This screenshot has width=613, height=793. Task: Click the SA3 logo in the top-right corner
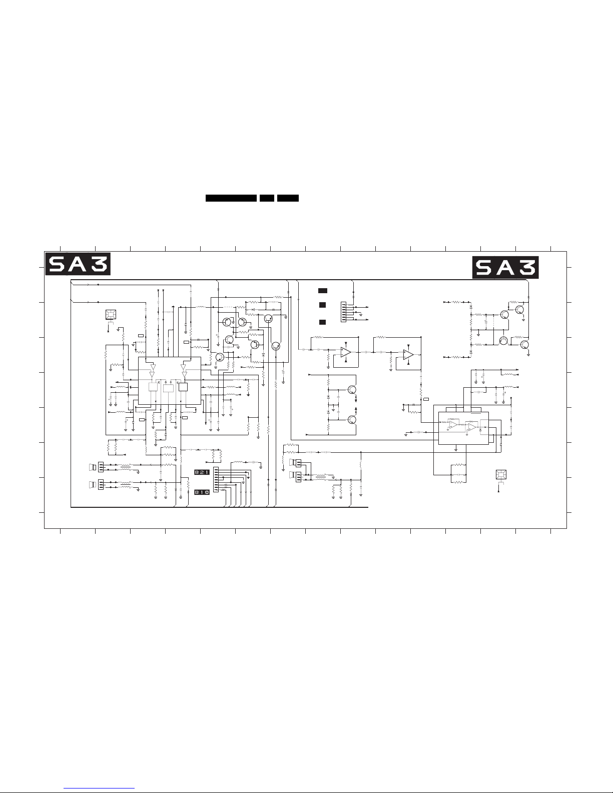coord(505,268)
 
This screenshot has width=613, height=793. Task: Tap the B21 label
coord(202,472)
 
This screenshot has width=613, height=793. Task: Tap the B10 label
coord(202,492)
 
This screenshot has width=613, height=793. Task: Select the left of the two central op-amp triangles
coord(346,352)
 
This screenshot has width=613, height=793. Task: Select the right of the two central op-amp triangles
coord(408,354)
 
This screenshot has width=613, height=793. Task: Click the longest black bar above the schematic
coord(231,198)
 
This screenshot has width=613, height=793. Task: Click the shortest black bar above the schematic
coord(267,198)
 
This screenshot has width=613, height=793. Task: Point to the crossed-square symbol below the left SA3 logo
coord(111,314)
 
